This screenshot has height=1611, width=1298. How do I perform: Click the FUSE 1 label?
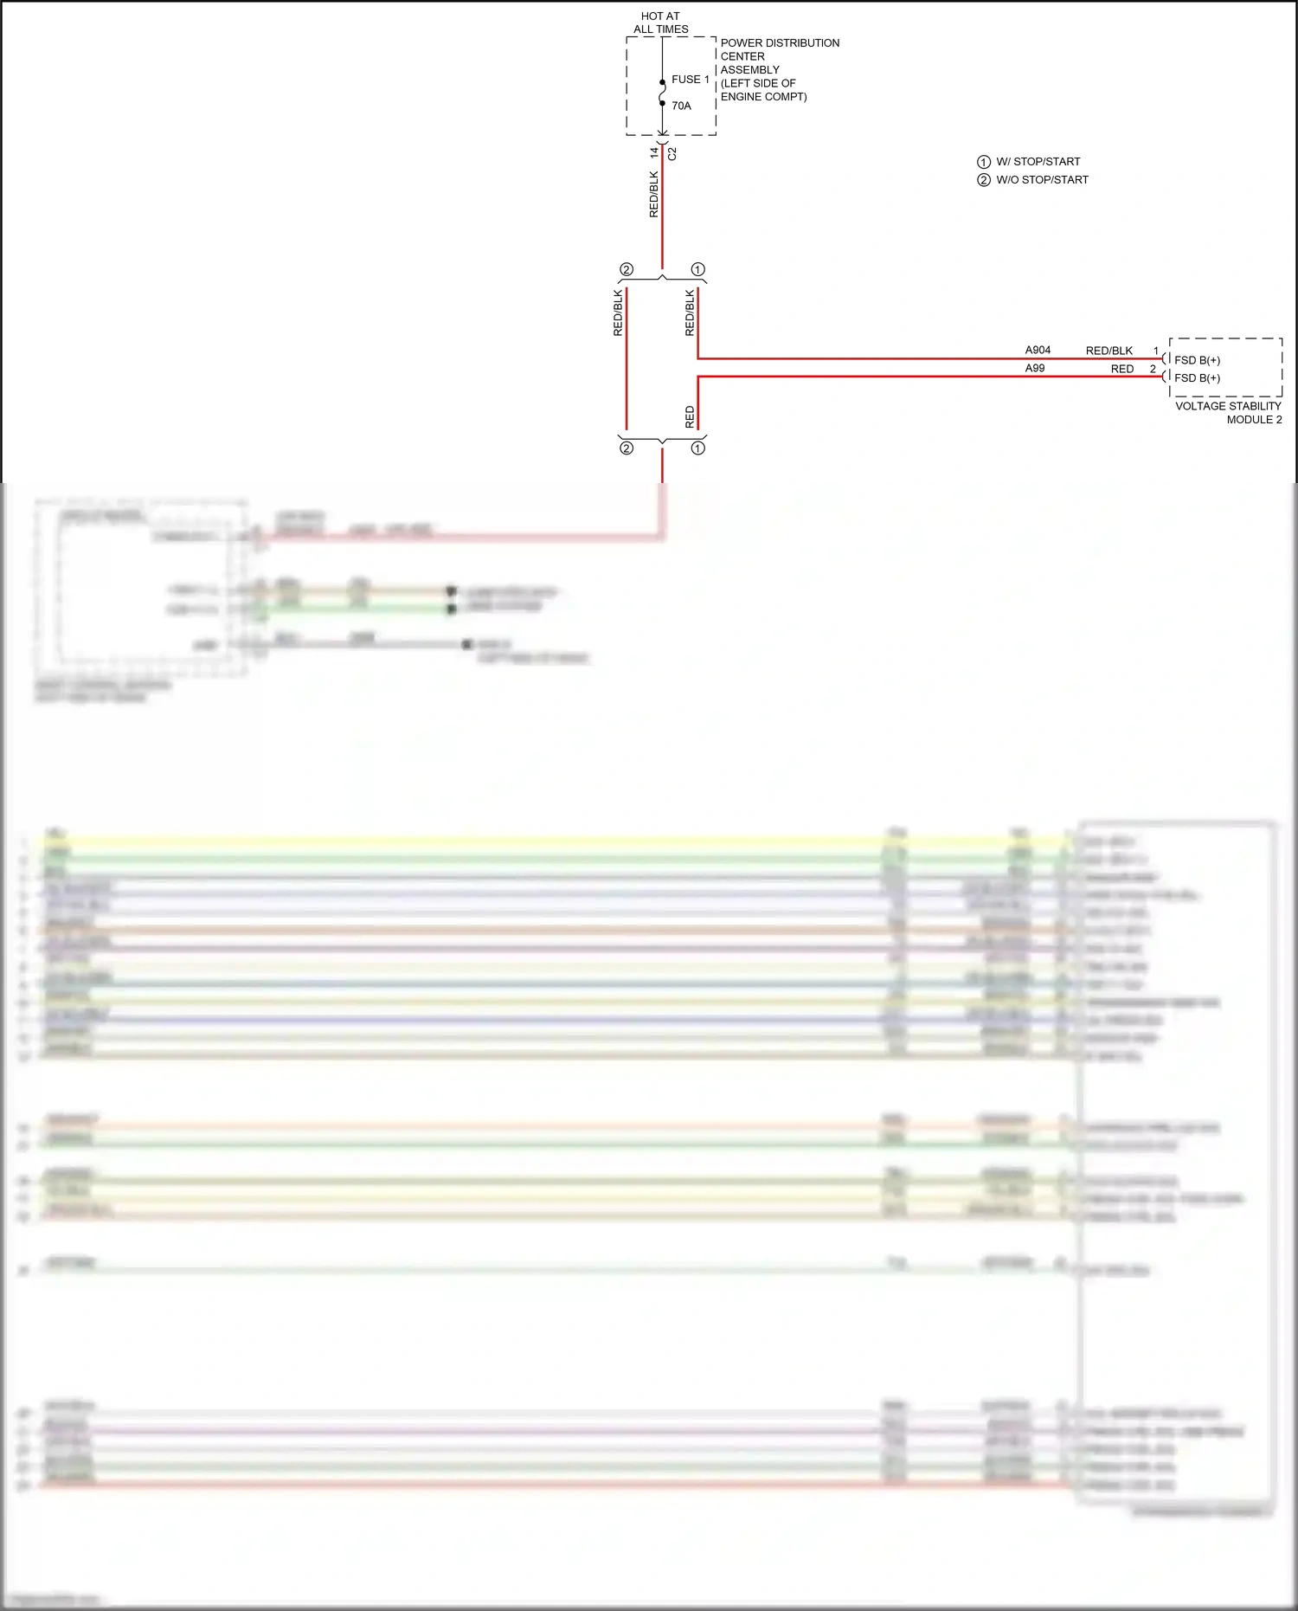pyautogui.click(x=690, y=80)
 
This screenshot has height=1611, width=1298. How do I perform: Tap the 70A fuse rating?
pyautogui.click(x=681, y=106)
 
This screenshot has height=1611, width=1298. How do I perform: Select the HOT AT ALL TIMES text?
pyautogui.click(x=660, y=23)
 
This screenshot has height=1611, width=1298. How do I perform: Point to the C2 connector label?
pyautogui.click(x=672, y=154)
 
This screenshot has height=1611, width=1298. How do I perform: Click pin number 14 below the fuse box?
pyautogui.click(x=654, y=152)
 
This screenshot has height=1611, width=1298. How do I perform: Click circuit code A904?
pyautogui.click(x=1038, y=350)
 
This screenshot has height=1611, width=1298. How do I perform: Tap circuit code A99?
pyautogui.click(x=1035, y=368)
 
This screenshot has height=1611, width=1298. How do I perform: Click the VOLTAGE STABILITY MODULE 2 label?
pyautogui.click(x=1228, y=412)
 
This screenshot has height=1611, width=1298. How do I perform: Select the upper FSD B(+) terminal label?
pyautogui.click(x=1197, y=360)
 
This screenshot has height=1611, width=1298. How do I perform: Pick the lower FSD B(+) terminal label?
pyautogui.click(x=1197, y=378)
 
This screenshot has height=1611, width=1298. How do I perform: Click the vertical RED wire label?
pyautogui.click(x=690, y=416)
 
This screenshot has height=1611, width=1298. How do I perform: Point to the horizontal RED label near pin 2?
pyautogui.click(x=1122, y=369)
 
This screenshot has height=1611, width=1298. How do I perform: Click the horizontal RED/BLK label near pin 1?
pyautogui.click(x=1108, y=351)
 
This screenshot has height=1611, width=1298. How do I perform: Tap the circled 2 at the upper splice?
pyautogui.click(x=627, y=269)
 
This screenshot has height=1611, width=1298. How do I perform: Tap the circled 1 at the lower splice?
pyautogui.click(x=697, y=448)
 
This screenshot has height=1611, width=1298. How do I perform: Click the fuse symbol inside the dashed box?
pyautogui.click(x=662, y=93)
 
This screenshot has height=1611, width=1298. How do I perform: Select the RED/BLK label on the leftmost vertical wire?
pyautogui.click(x=618, y=313)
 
